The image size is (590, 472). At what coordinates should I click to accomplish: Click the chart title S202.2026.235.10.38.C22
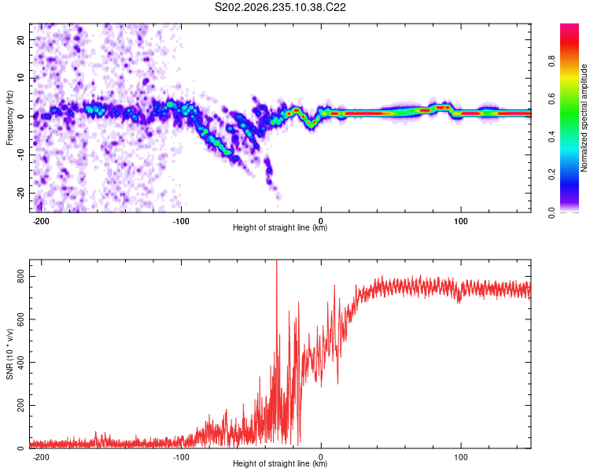[280, 7]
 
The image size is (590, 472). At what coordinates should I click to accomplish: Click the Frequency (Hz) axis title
[9, 118]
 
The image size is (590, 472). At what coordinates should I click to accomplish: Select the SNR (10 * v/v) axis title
[9, 354]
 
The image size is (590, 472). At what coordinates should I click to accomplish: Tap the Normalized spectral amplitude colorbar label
[584, 118]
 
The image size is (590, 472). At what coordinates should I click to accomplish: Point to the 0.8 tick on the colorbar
[551, 61]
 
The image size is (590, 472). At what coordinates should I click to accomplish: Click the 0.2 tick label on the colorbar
[551, 175]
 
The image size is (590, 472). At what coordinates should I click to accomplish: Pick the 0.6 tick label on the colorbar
[551, 98]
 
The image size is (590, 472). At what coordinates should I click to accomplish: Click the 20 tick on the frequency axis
[20, 39]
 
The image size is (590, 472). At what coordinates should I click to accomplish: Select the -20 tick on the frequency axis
[20, 193]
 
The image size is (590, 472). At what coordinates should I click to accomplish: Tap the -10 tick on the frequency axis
[20, 154]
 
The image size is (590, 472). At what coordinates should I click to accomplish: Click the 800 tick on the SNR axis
[20, 276]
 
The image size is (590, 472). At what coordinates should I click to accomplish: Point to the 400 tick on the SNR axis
[20, 363]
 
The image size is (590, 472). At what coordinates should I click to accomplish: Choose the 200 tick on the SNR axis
[20, 405]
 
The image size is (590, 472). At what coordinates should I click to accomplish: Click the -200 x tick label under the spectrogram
[41, 221]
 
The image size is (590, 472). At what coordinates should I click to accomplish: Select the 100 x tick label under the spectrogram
[460, 221]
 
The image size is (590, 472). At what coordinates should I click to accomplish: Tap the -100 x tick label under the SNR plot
[181, 457]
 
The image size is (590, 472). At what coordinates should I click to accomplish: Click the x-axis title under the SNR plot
[280, 463]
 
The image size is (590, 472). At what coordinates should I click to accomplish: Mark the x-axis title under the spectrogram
[280, 227]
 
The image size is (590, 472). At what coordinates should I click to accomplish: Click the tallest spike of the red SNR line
[277, 260]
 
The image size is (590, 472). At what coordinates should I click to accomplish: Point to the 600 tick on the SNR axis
[20, 319]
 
